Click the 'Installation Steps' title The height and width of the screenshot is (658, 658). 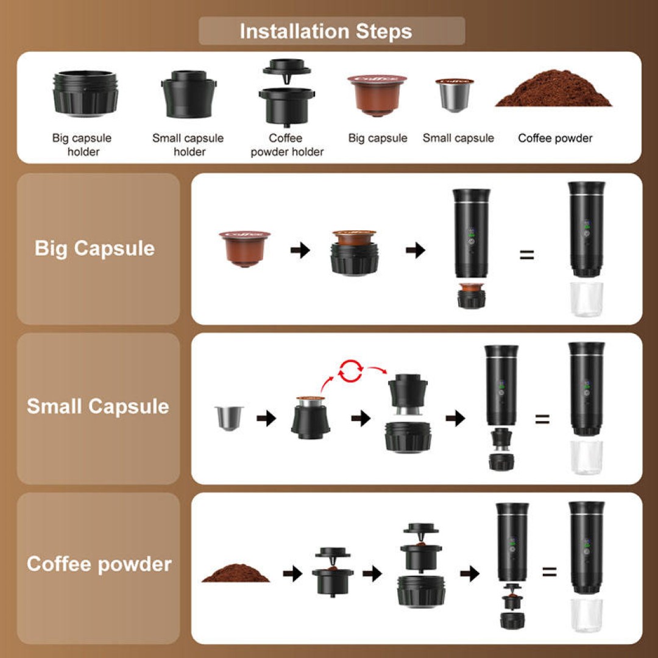326,31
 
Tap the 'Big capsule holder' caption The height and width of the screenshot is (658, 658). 82,145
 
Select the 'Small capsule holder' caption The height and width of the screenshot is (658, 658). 188,145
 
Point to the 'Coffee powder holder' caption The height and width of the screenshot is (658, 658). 286,145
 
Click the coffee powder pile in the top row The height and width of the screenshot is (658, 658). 554,90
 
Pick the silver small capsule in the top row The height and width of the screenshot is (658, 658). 454,94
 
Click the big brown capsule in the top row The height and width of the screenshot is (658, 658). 377,95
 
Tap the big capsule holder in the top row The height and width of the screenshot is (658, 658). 85,94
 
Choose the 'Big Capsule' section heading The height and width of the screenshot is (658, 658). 95,249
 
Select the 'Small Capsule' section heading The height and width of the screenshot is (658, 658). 98,406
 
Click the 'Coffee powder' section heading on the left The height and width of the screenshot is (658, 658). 99,564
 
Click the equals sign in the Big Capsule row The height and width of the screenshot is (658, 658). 526,255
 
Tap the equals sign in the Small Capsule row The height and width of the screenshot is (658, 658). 542,419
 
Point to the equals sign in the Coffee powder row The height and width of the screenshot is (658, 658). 549,571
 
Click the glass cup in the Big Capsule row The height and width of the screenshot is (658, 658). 587,299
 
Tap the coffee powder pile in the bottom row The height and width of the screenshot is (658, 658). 236,573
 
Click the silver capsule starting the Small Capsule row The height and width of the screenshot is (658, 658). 229,417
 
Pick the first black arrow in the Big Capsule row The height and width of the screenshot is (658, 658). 300,250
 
